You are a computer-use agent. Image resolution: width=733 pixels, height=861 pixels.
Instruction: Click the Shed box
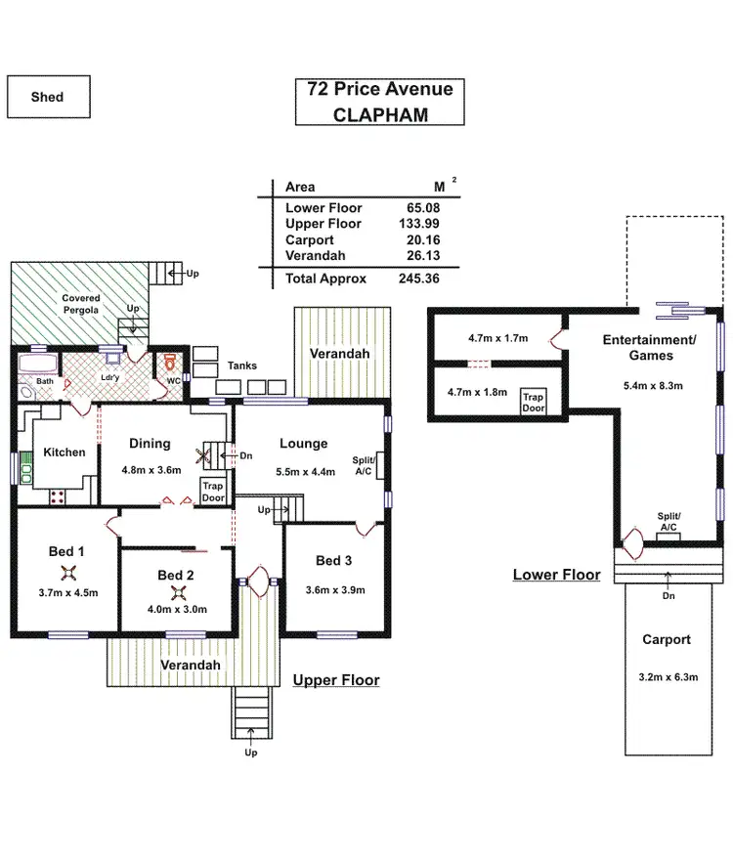48,97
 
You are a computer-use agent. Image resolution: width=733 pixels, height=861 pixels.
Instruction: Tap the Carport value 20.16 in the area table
423,240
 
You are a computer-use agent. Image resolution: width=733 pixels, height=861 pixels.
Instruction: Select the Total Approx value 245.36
419,279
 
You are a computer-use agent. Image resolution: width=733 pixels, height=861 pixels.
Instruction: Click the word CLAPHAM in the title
380,114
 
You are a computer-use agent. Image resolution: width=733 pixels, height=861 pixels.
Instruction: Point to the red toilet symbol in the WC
171,363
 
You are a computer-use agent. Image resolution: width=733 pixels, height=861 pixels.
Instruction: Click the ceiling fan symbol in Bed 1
68,574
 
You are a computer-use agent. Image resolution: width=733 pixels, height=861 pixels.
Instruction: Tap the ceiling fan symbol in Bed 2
178,593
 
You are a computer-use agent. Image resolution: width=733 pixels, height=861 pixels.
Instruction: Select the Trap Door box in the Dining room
213,492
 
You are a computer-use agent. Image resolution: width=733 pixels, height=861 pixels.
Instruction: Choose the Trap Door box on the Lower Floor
534,402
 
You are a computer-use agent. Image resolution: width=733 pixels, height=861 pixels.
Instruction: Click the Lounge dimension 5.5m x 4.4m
305,472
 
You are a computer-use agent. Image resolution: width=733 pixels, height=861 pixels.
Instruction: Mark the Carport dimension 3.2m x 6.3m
668,677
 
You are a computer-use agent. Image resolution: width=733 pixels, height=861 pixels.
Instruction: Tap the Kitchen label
65,452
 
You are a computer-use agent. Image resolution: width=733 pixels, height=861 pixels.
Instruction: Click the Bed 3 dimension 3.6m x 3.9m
335,589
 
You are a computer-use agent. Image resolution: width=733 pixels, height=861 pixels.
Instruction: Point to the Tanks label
242,366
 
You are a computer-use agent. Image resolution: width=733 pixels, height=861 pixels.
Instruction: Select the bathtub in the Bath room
38,365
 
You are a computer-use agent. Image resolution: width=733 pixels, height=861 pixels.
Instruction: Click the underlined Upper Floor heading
336,680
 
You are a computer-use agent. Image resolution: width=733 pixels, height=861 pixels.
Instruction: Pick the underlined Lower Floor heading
556,575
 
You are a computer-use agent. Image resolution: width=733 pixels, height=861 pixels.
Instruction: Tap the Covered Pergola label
81,304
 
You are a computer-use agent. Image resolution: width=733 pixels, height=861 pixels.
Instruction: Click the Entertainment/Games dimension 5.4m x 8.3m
653,385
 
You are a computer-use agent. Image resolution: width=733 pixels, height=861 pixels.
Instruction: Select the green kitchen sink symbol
25,468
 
